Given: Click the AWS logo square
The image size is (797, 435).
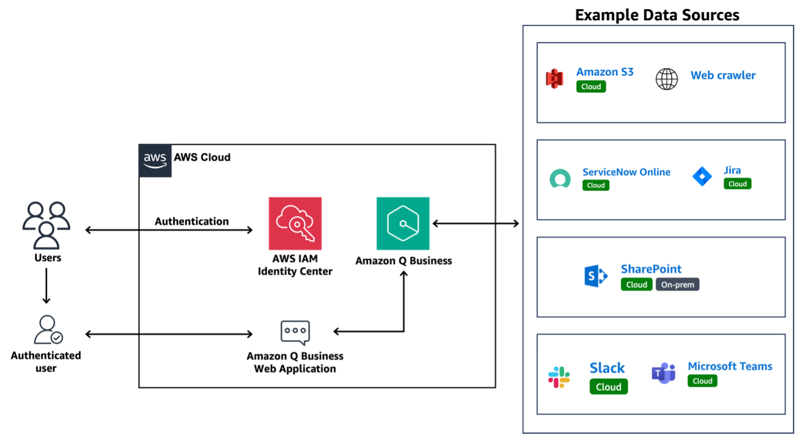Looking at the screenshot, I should click(x=155, y=161).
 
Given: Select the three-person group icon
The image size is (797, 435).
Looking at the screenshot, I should click(x=46, y=225).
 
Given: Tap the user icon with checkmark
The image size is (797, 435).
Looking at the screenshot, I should click(x=48, y=330).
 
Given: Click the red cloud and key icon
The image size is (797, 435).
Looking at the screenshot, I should click(x=295, y=224).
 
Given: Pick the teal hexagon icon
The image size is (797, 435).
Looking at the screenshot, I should click(x=403, y=224).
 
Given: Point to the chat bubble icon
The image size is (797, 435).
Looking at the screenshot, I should click(x=295, y=333).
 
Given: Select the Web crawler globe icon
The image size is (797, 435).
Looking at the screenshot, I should click(x=667, y=79).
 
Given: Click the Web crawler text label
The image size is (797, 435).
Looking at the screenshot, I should click(x=723, y=75).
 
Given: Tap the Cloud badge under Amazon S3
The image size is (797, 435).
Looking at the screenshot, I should click(x=591, y=87).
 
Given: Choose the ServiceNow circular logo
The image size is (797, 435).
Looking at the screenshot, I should click(x=560, y=179).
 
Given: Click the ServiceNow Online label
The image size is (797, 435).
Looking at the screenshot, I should click(x=626, y=172).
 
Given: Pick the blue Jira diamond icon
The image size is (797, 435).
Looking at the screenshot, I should click(x=702, y=176).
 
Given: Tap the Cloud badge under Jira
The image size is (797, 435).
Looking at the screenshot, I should click(x=737, y=184).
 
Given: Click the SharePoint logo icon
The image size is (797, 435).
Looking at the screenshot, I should click(x=595, y=277).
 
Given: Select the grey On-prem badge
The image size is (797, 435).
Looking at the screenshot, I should click(x=677, y=284).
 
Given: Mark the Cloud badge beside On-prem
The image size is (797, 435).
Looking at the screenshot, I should click(x=636, y=284).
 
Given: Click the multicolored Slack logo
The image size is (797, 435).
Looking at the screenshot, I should click(x=559, y=377).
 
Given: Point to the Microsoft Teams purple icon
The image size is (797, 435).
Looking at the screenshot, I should click(x=663, y=374).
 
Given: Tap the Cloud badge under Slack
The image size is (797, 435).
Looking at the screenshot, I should click(x=609, y=387).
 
